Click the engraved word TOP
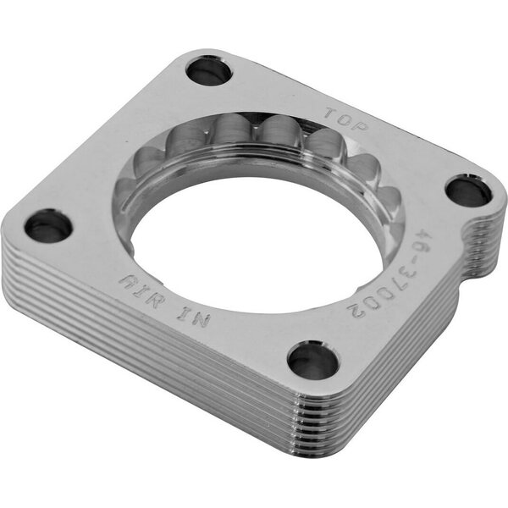coord(346,119)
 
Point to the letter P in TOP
coord(362,125)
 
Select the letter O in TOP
coord(346,119)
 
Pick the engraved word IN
coord(194,317)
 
